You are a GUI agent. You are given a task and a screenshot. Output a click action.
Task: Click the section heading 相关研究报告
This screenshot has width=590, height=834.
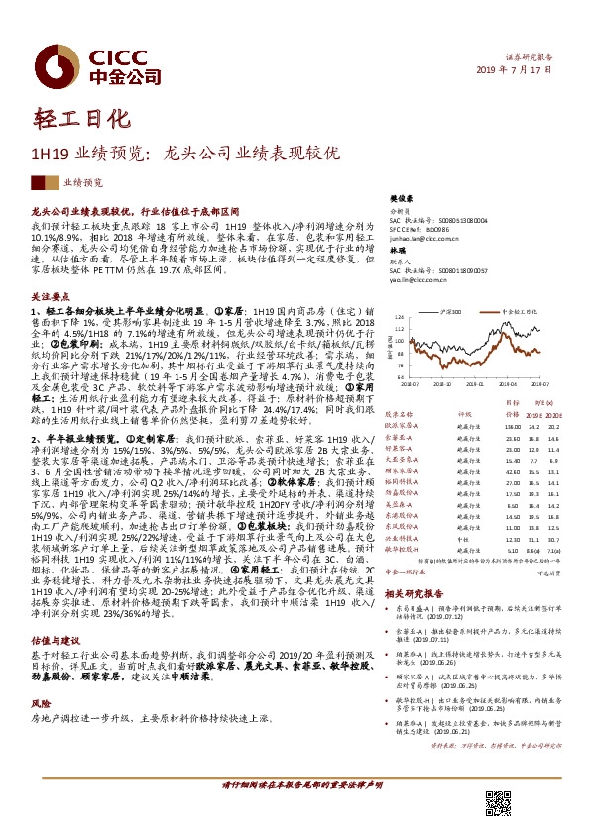click(411, 590)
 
